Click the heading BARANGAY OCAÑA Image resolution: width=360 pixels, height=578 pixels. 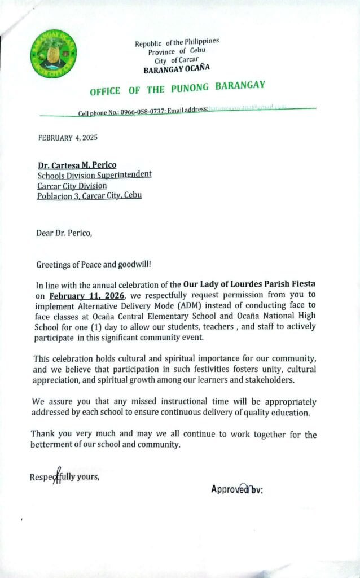click(x=177, y=70)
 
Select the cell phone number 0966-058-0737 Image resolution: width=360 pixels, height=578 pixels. click(x=142, y=112)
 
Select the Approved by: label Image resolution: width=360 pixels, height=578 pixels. click(x=238, y=489)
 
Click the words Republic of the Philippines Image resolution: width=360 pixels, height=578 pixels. click(x=177, y=43)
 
